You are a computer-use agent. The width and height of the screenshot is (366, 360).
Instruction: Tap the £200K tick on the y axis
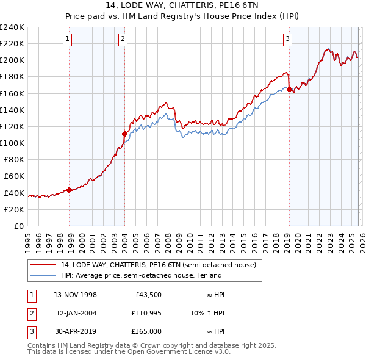(x=12, y=60)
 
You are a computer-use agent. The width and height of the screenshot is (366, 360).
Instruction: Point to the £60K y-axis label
(x=12, y=176)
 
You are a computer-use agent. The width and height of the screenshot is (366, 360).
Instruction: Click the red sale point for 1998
(x=70, y=190)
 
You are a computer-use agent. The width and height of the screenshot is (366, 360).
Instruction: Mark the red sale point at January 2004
(x=124, y=134)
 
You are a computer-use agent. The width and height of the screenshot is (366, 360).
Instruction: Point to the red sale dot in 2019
(x=289, y=89)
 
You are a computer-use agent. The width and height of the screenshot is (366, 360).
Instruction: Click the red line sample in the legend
(x=43, y=265)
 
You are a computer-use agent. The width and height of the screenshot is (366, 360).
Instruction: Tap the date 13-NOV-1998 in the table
(x=76, y=295)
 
